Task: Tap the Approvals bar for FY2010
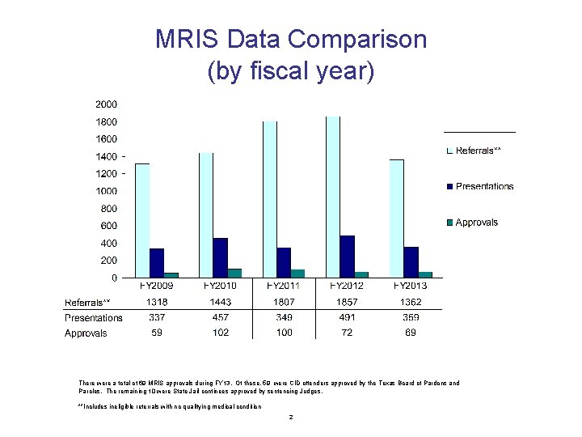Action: (234, 273)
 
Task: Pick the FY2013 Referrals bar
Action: (396, 218)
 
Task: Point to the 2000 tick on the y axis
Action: (106, 104)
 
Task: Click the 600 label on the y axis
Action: (108, 226)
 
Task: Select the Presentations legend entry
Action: (484, 186)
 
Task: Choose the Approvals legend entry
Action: (476, 222)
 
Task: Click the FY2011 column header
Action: (285, 286)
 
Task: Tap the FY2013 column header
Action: (411, 286)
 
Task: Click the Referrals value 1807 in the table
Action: (285, 302)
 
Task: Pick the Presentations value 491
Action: (348, 317)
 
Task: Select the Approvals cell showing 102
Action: (221, 333)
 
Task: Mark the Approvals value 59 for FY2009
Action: (157, 333)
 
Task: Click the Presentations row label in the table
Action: (94, 317)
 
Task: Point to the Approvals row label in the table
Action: (86, 333)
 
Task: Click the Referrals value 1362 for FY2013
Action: (411, 302)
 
